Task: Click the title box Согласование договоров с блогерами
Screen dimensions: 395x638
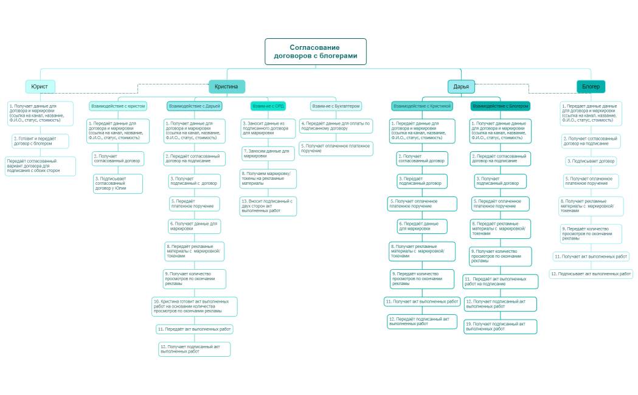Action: coord(315,52)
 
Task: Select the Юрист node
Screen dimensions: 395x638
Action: coord(40,86)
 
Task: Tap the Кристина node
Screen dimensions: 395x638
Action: coord(226,86)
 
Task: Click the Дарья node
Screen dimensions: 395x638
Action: coord(461,86)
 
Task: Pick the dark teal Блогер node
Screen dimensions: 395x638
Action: coord(591,86)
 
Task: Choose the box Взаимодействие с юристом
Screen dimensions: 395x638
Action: coord(118,106)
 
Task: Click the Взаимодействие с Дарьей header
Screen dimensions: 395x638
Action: coord(195,106)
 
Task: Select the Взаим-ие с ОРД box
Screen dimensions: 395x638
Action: coord(268,106)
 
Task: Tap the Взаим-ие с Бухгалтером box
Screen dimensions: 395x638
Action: coord(336,106)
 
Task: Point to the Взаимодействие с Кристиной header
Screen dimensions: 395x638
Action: coord(422,106)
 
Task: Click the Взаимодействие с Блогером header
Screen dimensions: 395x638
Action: coord(501,106)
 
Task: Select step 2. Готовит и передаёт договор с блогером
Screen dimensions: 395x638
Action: coord(40,141)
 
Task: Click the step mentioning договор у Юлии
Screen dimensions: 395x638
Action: coord(118,184)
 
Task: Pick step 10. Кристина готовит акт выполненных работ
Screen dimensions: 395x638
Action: coord(195,306)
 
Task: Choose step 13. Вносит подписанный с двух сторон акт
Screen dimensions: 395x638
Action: coord(268,206)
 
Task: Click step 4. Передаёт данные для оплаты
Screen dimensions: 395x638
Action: coord(336,126)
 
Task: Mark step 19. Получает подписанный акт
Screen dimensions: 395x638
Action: coord(501,326)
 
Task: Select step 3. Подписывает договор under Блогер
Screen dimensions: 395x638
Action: coord(591,161)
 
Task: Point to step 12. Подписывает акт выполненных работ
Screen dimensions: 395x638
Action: coord(591,274)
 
